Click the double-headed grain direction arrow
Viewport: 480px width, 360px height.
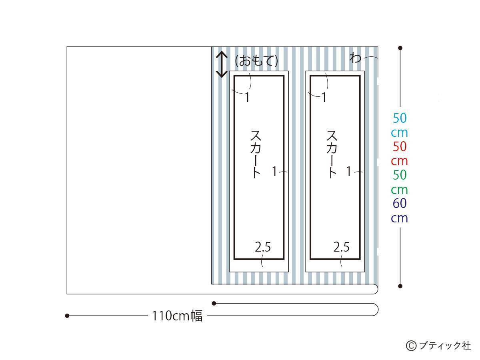pos(222,64)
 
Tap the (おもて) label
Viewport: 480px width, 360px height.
pos(256,60)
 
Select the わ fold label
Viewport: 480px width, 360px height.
pos(355,58)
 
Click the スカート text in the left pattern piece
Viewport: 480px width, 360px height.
pos(256,154)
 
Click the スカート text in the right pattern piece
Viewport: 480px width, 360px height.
pos(332,154)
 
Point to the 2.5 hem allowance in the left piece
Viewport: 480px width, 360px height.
pos(263,247)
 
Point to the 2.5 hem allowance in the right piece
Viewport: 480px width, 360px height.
pos(341,247)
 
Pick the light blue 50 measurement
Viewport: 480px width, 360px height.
pos(400,118)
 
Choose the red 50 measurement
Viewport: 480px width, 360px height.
pos(400,146)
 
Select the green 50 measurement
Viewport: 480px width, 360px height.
pos(400,175)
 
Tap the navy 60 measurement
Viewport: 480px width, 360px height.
pos(400,203)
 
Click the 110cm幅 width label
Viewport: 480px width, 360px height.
pos(177,316)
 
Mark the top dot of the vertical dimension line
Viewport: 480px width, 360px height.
pos(400,48)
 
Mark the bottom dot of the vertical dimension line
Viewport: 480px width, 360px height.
pos(400,286)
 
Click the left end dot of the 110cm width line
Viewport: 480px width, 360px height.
pos(67,316)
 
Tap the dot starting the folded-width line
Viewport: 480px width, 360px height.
pos(214,303)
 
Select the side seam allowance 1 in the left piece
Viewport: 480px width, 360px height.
pos(274,171)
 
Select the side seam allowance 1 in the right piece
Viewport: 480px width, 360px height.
pos(349,171)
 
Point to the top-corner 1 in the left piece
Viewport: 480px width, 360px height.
pos(247,97)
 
